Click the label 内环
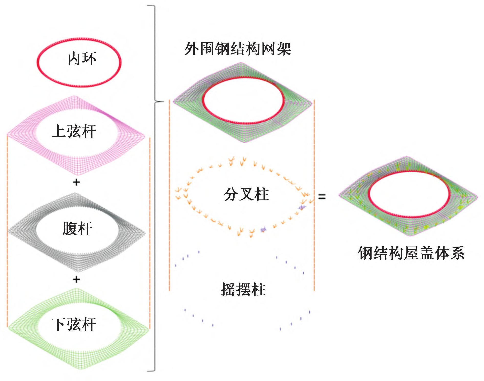[82, 59]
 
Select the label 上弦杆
[74, 131]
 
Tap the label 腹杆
[77, 228]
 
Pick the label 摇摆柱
[243, 289]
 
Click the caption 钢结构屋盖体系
[411, 253]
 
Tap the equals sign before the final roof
[322, 197]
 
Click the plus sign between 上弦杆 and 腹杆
[76, 182]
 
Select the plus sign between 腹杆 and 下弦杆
[76, 279]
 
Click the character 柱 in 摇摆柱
[258, 289]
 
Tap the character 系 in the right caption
[457, 253]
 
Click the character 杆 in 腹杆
[85, 228]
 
